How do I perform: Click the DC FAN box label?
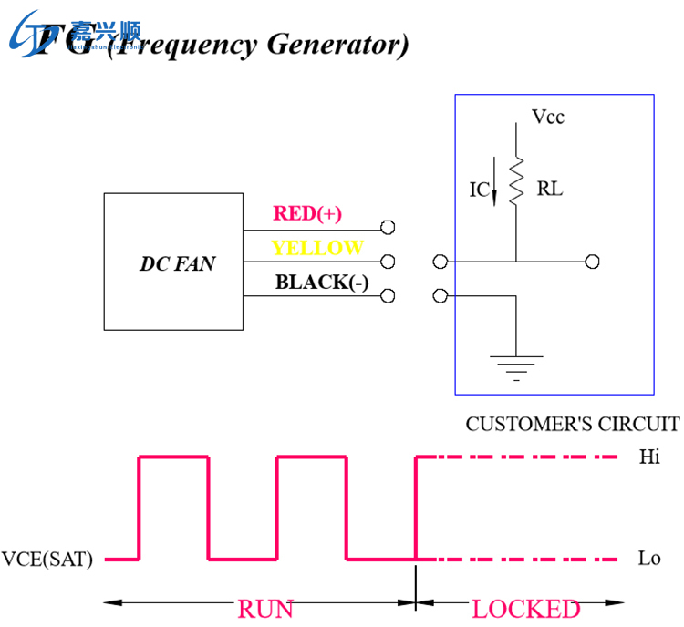(x=177, y=263)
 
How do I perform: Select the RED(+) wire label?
(x=307, y=214)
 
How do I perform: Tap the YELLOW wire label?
(x=317, y=248)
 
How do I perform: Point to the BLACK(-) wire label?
(x=322, y=282)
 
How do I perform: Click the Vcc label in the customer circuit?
(x=548, y=117)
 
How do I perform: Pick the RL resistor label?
(x=550, y=190)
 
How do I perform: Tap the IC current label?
(x=479, y=190)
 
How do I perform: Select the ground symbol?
(x=516, y=365)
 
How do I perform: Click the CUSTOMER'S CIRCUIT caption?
(x=572, y=424)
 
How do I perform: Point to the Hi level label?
(x=649, y=457)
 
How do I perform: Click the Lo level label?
(x=649, y=559)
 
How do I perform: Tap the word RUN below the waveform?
(x=265, y=608)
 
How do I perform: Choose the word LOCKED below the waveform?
(x=526, y=608)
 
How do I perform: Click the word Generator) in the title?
(x=337, y=44)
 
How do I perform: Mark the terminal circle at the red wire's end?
(x=388, y=228)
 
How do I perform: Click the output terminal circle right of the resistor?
(x=592, y=262)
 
